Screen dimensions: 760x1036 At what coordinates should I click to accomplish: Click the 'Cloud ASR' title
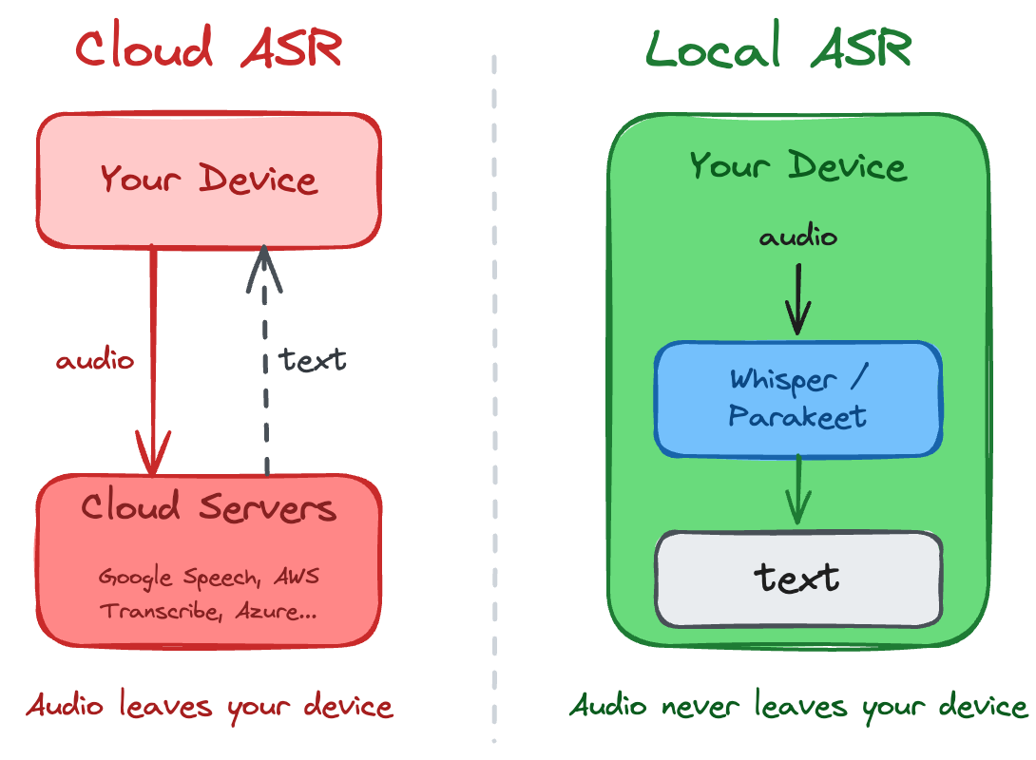point(208,48)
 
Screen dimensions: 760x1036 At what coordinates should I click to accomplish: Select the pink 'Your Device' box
point(208,179)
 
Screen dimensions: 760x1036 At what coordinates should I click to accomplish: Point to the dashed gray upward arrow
point(266,361)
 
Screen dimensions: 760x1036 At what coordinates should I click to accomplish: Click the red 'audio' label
point(95,361)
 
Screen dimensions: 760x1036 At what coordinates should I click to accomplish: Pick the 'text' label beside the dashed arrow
point(312,360)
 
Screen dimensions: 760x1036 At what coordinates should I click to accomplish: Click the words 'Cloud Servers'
point(208,508)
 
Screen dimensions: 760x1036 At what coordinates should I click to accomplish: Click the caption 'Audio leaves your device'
point(209,707)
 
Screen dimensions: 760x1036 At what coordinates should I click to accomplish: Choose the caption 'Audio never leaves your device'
point(798,707)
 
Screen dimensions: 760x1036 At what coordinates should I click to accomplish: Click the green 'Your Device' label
point(797,166)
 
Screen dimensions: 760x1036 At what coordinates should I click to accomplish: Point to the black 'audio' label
point(798,236)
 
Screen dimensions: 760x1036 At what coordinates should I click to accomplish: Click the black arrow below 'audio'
point(798,294)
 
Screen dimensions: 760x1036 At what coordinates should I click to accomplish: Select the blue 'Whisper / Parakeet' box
point(797,398)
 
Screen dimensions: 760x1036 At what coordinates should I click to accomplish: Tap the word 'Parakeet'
point(797,417)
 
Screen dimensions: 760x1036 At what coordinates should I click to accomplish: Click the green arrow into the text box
point(798,492)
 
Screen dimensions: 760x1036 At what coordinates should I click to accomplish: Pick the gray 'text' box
point(798,579)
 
